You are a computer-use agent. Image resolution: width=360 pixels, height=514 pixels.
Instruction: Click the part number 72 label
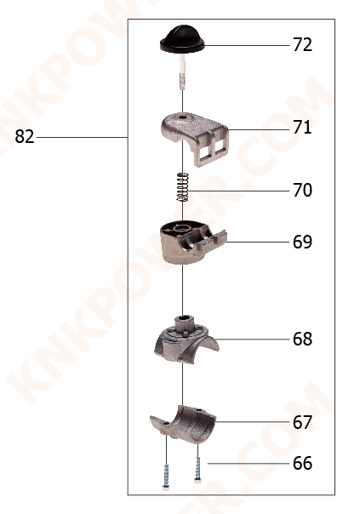point(302,45)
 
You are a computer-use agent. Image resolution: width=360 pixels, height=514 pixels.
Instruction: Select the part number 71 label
point(302,128)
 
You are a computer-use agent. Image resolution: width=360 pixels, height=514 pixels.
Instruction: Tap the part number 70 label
point(302,191)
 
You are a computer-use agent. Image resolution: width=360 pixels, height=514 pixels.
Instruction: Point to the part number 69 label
point(302,242)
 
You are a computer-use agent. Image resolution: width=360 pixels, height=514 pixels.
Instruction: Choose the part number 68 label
point(302,340)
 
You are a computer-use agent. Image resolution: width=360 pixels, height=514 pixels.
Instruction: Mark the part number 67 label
point(302,422)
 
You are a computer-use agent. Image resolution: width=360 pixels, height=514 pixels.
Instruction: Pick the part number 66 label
point(302,464)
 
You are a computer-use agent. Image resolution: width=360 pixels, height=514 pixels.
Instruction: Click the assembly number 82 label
point(25,137)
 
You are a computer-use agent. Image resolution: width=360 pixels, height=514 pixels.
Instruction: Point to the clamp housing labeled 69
point(187,243)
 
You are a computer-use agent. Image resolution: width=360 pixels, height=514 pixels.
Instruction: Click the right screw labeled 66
point(198,464)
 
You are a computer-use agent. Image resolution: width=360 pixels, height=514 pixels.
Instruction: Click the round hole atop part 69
point(180,228)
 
